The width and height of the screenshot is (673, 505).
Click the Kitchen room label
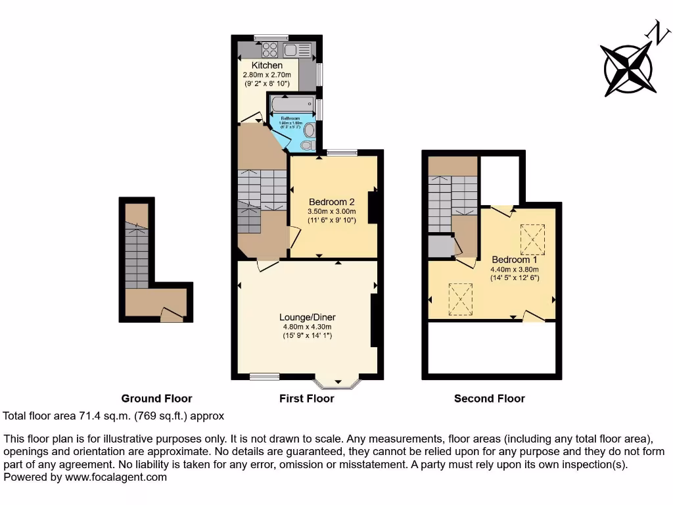[x=267, y=66]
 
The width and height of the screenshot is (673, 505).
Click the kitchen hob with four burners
[x=269, y=49]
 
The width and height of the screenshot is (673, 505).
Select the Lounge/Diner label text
[x=307, y=317]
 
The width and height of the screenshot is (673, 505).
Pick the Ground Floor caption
[x=156, y=398]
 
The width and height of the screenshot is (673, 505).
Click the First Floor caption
[x=307, y=398]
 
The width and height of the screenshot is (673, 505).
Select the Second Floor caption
[x=490, y=398]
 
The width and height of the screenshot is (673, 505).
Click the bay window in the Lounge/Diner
[x=337, y=382]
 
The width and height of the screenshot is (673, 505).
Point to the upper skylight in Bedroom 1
[x=533, y=239]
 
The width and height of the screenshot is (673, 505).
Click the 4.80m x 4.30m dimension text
[x=307, y=327]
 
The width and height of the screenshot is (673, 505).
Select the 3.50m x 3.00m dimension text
[x=331, y=212]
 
